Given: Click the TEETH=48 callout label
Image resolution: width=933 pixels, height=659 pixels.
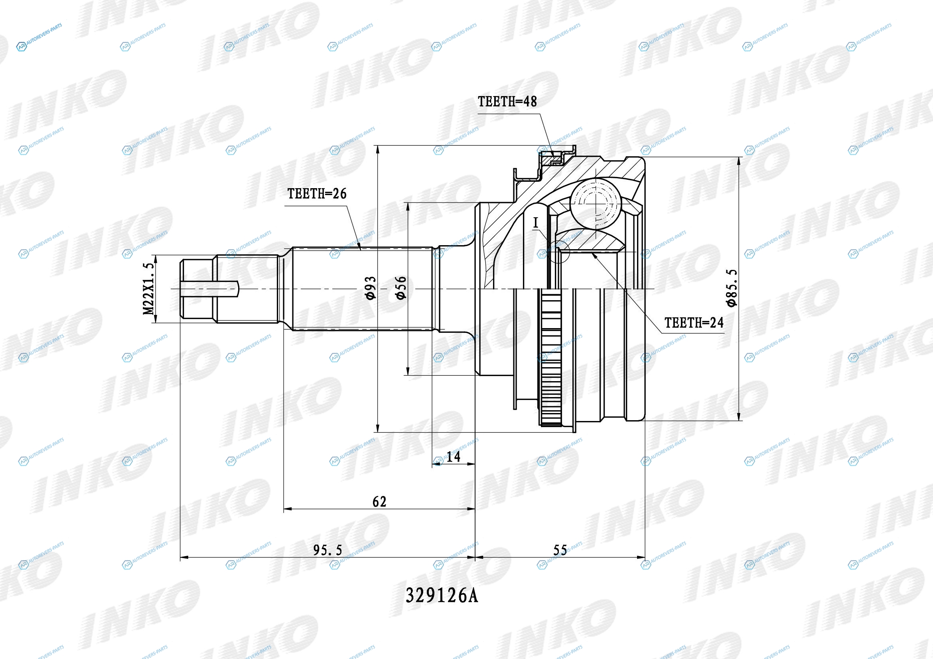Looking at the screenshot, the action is tap(507, 101).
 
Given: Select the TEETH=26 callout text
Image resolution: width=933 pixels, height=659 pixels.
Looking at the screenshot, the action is tap(317, 194).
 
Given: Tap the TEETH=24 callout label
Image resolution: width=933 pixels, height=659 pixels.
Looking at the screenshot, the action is tap(694, 323).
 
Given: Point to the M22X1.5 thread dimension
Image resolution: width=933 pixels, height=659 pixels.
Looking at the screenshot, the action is tap(149, 289).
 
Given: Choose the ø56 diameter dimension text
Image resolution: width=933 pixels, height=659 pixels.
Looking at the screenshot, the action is tap(400, 288).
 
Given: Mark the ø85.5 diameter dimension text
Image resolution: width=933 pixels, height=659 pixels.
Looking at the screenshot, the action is tap(731, 288).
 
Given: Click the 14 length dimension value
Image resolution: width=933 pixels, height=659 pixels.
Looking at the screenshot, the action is tap(453, 457).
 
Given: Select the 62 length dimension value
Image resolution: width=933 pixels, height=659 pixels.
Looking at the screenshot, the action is tap(379, 502).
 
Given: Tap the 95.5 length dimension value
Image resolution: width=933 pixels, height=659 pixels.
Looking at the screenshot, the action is tap(328, 550).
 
